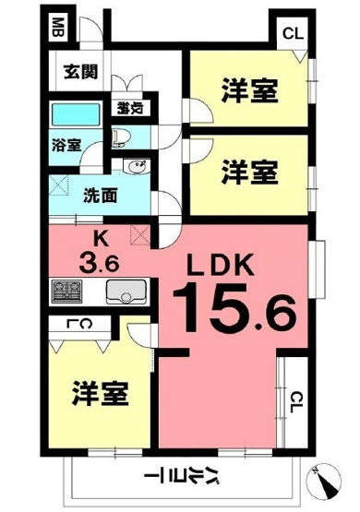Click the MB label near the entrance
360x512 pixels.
tap(57, 27)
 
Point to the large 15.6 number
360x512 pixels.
tap(235, 308)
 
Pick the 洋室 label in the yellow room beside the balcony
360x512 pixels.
tap(100, 392)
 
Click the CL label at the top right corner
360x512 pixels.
tap(293, 34)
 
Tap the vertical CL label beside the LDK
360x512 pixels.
tap(295, 401)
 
